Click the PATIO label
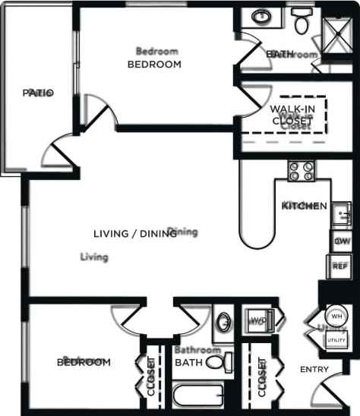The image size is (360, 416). pyautogui.click(x=38, y=93)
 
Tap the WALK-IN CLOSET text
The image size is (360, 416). pyautogui.click(x=292, y=115)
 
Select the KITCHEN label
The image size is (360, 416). pyautogui.click(x=305, y=206)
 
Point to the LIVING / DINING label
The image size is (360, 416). pyautogui.click(x=135, y=234)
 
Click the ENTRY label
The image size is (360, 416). pyautogui.click(x=315, y=370)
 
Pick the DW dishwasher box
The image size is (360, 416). pyautogui.click(x=340, y=241)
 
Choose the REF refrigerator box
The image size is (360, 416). pyautogui.click(x=339, y=267)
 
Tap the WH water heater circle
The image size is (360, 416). pyautogui.click(x=336, y=316)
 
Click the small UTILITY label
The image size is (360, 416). pyautogui.click(x=336, y=341)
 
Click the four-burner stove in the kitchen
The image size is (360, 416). pyautogui.click(x=302, y=172)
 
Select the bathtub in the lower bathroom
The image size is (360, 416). pyautogui.click(x=197, y=397)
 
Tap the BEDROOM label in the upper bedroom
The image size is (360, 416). pyautogui.click(x=154, y=65)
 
